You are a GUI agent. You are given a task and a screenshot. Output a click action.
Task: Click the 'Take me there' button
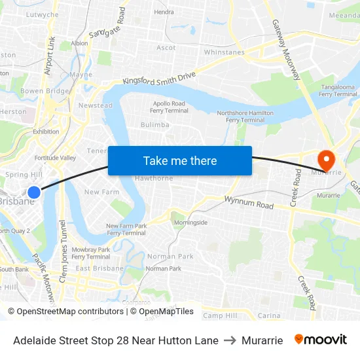180,161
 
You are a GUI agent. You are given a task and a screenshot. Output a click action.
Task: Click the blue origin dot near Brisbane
34,192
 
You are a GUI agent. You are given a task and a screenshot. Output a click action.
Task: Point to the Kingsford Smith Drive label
159,79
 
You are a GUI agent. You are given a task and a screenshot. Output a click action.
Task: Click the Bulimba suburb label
155,125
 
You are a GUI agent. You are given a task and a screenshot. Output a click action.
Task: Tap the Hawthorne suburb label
153,178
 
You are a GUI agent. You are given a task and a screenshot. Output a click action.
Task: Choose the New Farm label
101,192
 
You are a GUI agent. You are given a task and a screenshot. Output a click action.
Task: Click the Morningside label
190,223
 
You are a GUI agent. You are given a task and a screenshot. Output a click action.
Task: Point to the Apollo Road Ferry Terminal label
170,107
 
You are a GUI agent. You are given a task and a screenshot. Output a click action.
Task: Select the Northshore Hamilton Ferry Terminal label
245,117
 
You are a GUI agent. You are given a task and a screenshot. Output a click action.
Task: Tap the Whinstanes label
224,52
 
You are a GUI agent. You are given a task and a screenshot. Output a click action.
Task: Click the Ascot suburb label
166,48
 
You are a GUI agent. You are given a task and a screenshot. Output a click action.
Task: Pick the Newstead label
95,105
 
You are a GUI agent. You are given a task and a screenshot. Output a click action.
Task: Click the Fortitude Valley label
55,158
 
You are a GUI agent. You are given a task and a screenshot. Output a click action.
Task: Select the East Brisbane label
99,268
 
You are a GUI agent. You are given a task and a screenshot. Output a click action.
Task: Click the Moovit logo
321,340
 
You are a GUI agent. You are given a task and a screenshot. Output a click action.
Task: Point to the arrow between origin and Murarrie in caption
230,340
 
